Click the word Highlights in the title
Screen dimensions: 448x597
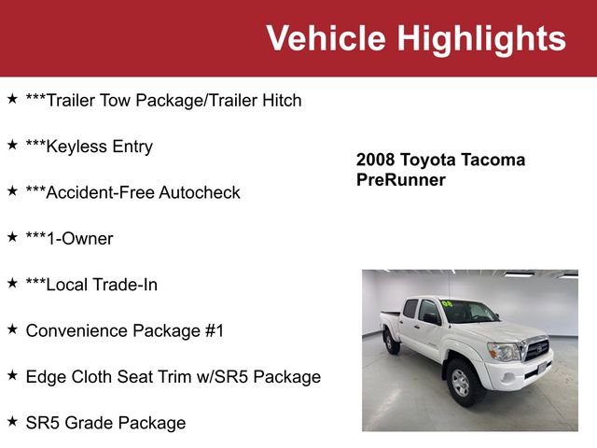(x=481, y=38)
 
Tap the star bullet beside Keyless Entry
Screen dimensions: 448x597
(x=12, y=146)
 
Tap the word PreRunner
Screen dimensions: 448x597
(x=401, y=179)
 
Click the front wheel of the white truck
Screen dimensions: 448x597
(x=461, y=382)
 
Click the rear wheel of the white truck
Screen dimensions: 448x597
(x=393, y=342)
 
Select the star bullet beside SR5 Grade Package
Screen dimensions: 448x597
(x=12, y=422)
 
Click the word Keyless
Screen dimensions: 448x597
(x=55, y=147)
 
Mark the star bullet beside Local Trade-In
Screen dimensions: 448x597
(x=12, y=284)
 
